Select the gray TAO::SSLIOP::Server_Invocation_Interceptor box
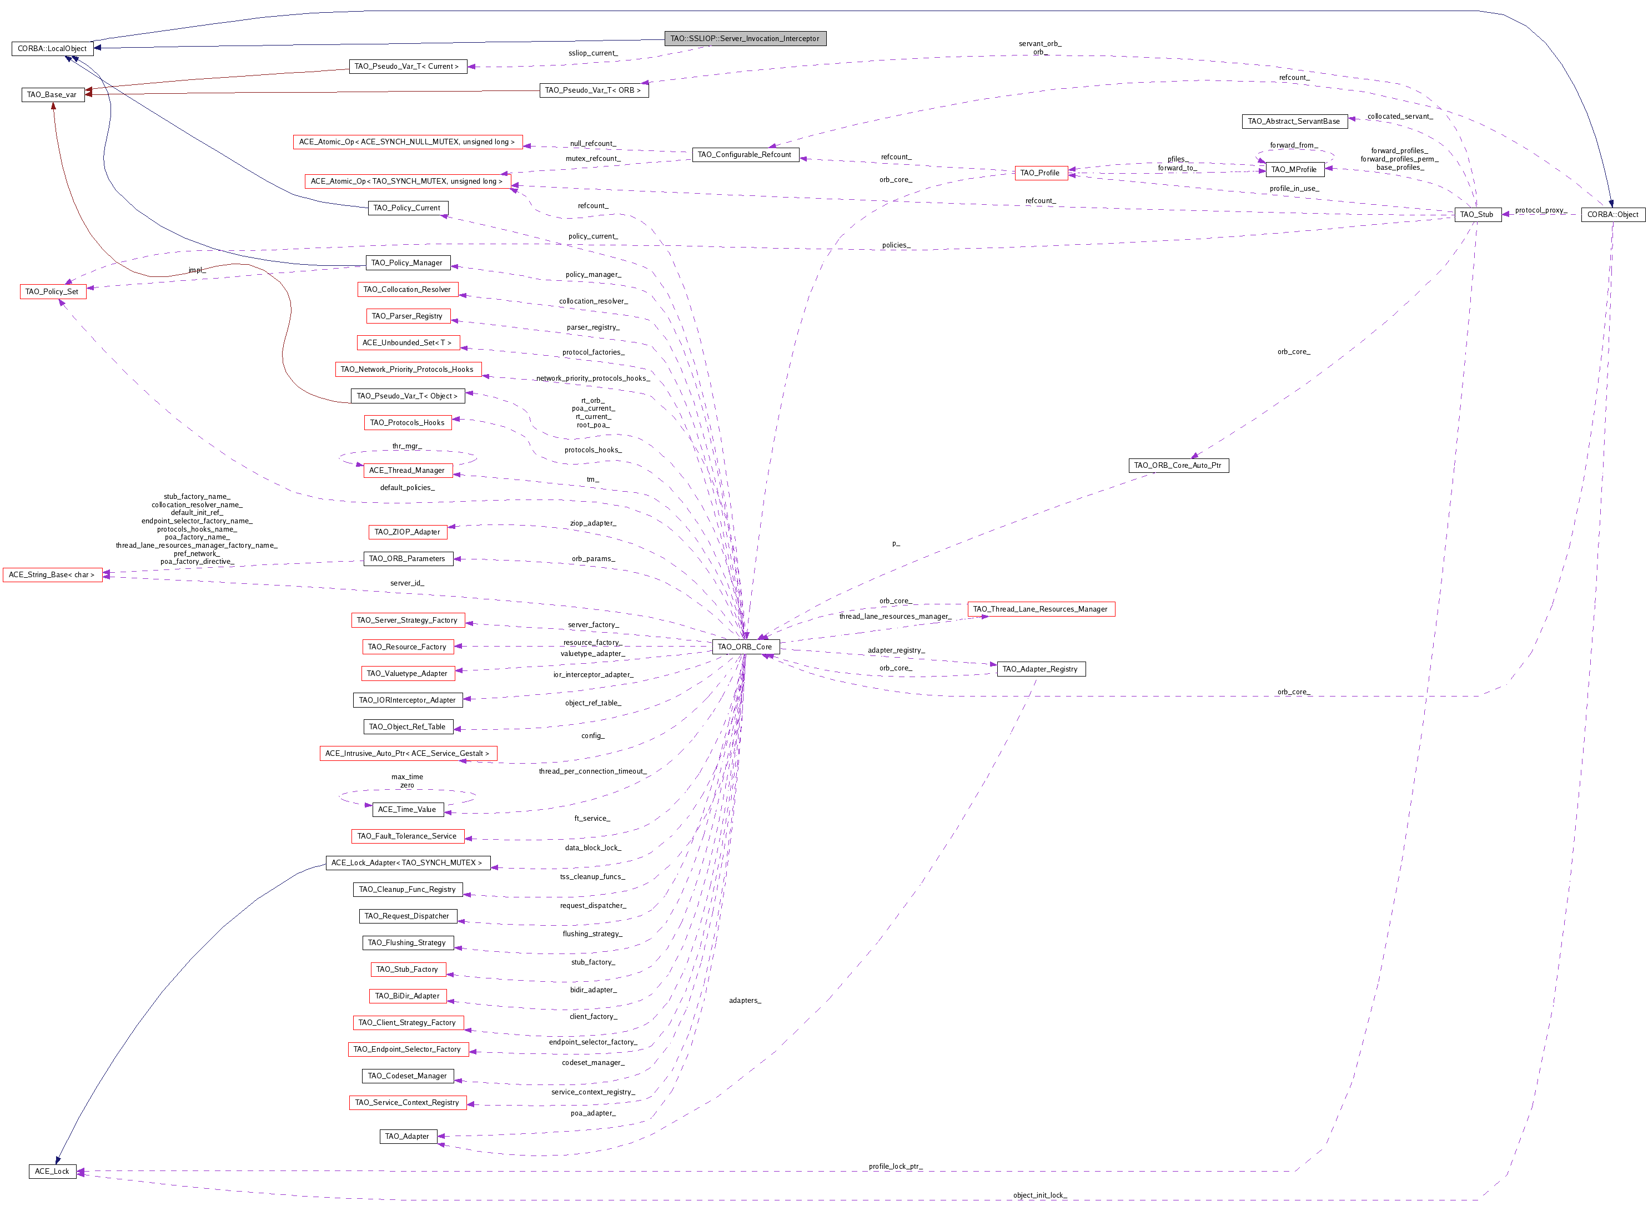point(745,38)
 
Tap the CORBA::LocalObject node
point(52,49)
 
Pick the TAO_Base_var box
point(52,94)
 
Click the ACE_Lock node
point(52,1171)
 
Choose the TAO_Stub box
point(1477,214)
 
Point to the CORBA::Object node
point(1612,214)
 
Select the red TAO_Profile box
point(1041,173)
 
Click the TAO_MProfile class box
point(1294,169)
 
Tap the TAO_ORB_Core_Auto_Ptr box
point(1178,465)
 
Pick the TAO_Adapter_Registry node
point(1041,669)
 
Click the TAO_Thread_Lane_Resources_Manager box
point(1041,609)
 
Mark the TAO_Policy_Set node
point(52,291)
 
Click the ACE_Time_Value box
point(407,810)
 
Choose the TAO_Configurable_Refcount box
point(745,155)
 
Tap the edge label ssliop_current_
point(594,53)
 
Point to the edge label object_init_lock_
point(1040,1195)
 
